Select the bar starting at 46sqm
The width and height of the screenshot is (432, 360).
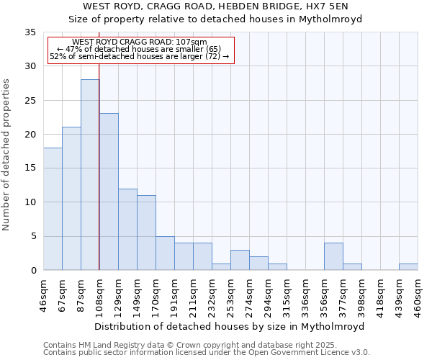click(53, 209)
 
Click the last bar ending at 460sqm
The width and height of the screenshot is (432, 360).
click(408, 266)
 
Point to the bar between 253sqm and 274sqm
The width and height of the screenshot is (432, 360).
click(240, 260)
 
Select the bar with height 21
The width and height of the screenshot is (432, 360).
click(71, 199)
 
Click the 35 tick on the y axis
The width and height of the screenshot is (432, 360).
click(30, 32)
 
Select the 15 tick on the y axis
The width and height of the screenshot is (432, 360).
click(30, 168)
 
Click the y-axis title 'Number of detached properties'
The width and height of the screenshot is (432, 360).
click(7, 155)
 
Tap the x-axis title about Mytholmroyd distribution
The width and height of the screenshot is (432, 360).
click(229, 326)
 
